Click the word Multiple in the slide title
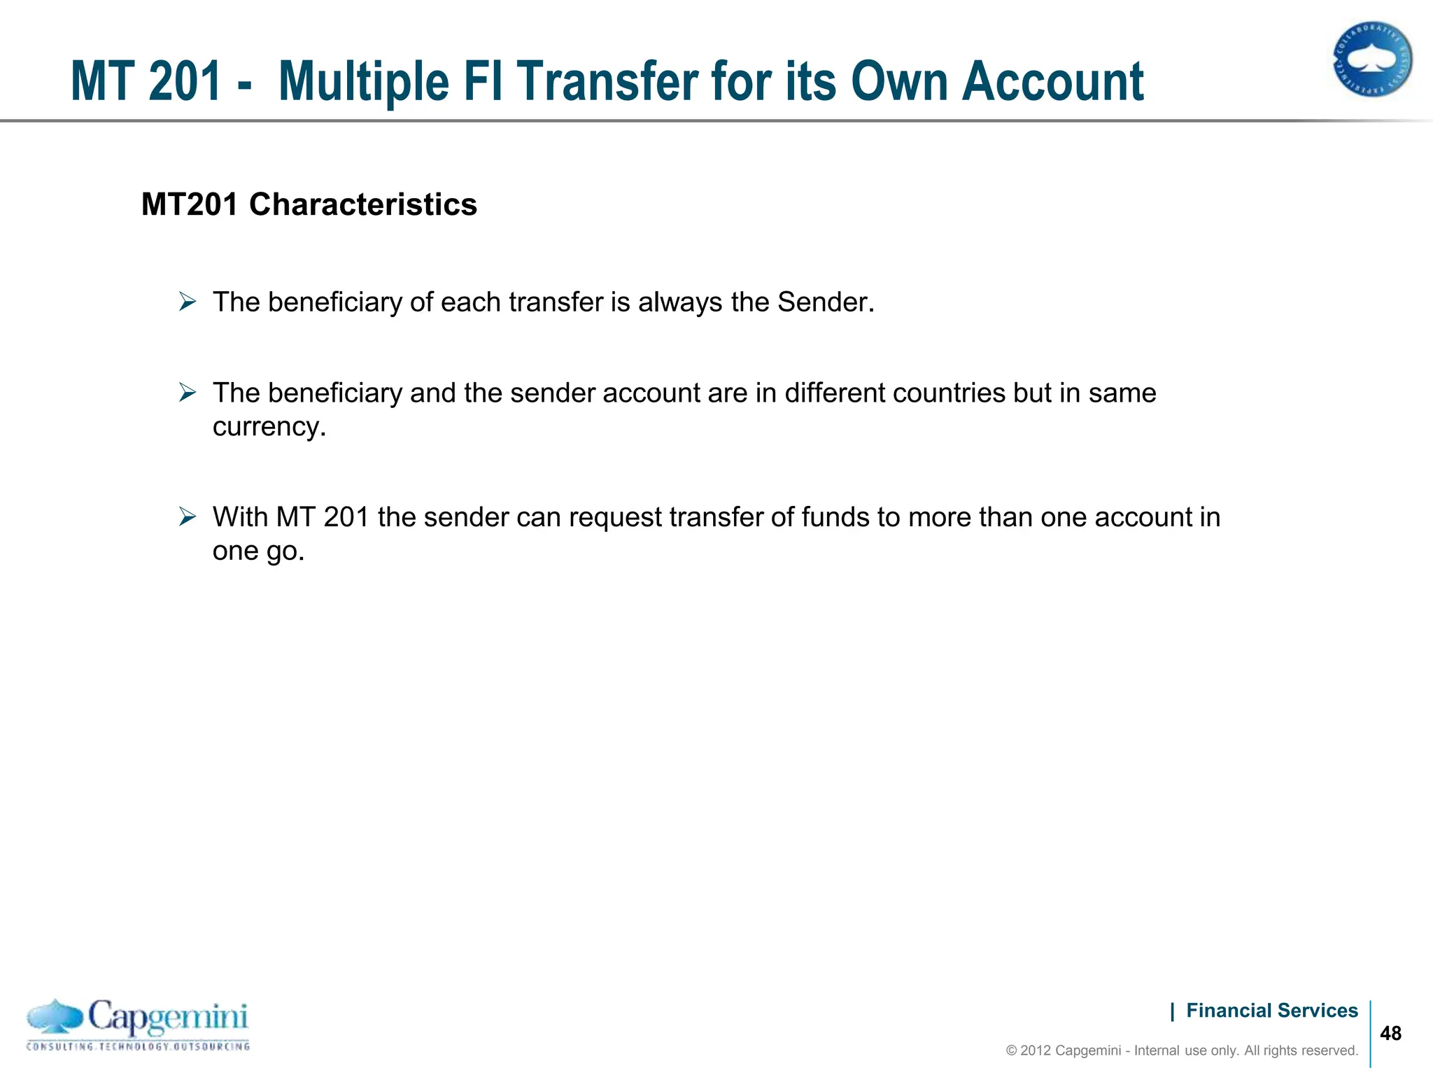click(363, 83)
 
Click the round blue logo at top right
click(1371, 59)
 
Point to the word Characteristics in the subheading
click(362, 205)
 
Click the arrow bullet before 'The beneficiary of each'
click(187, 302)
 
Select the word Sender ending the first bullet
click(824, 302)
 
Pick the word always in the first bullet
click(680, 302)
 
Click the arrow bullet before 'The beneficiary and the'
click(187, 393)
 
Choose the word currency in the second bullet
click(267, 427)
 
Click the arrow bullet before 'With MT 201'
click(187, 517)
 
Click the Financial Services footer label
click(1271, 1011)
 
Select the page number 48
click(1390, 1034)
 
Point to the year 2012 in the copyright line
click(1036, 1051)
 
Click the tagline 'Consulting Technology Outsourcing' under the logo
click(138, 1047)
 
